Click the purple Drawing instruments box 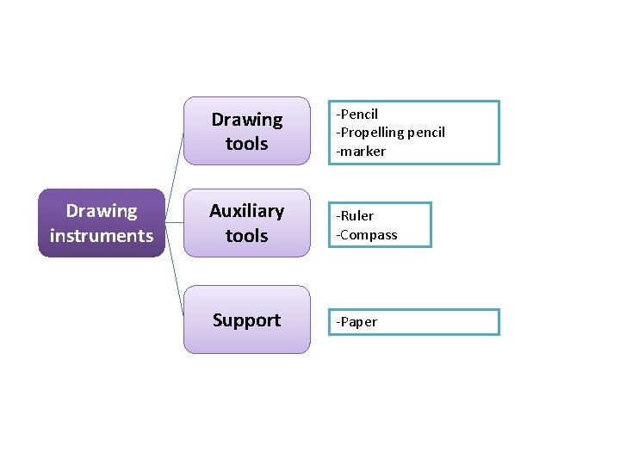coord(101,223)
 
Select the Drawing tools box coord(246,131)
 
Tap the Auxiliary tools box coord(246,223)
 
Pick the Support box coord(246,319)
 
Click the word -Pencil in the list coord(357,114)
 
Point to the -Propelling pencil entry coord(391,133)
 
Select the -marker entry coord(361,152)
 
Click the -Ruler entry coord(355,216)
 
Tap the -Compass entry coord(367,234)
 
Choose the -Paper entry coord(356,322)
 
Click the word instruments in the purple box coord(102,235)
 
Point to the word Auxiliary coord(246,211)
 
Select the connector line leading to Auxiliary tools coord(174,222)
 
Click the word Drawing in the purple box coord(102,211)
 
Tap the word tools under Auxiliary coord(246,235)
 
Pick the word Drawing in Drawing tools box coord(246,120)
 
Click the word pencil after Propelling coord(426,133)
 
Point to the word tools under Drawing coord(246,143)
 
